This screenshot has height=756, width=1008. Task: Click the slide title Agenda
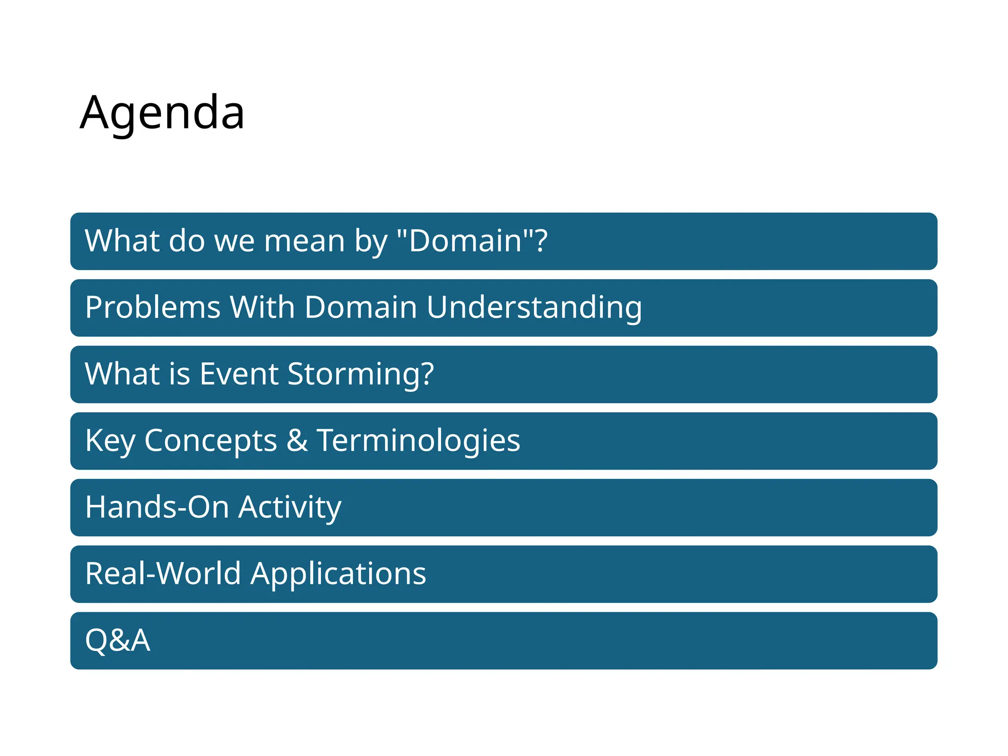click(x=162, y=113)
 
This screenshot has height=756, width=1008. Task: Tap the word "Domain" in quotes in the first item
click(x=465, y=241)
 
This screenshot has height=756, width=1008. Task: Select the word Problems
click(x=153, y=308)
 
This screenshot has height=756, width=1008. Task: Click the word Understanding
click(x=534, y=308)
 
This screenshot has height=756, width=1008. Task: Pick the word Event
click(x=239, y=374)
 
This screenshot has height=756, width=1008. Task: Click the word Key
click(x=109, y=441)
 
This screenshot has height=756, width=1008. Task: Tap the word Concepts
click(x=211, y=441)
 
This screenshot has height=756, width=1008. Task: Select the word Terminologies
click(x=418, y=441)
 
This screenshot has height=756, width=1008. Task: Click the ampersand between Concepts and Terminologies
click(x=297, y=441)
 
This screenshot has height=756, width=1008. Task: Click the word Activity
click(x=290, y=507)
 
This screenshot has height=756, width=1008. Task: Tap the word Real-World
click(x=163, y=574)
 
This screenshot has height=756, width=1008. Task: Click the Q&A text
click(x=118, y=641)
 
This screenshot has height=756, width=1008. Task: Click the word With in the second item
click(x=262, y=308)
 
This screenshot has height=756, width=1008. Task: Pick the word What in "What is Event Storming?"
click(x=122, y=374)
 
